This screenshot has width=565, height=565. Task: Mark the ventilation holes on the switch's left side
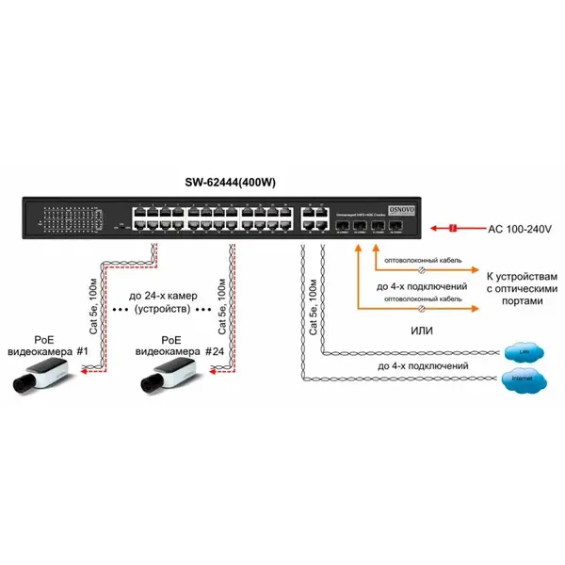(66, 218)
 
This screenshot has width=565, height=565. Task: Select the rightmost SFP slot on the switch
(397, 226)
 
